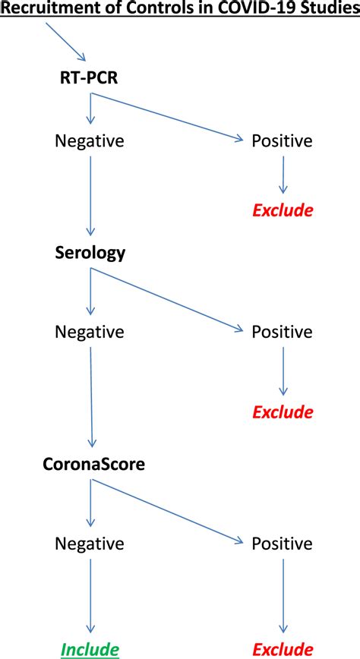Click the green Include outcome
click(90, 649)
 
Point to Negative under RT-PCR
click(90, 141)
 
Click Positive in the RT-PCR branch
click(283, 141)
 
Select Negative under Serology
click(90, 332)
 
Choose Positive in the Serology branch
click(283, 332)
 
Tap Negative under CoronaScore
click(90, 544)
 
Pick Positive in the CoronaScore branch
click(283, 544)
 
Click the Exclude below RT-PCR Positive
click(283, 210)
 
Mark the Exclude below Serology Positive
click(283, 412)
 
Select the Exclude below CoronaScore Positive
click(283, 649)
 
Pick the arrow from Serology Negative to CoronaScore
click(91, 399)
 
